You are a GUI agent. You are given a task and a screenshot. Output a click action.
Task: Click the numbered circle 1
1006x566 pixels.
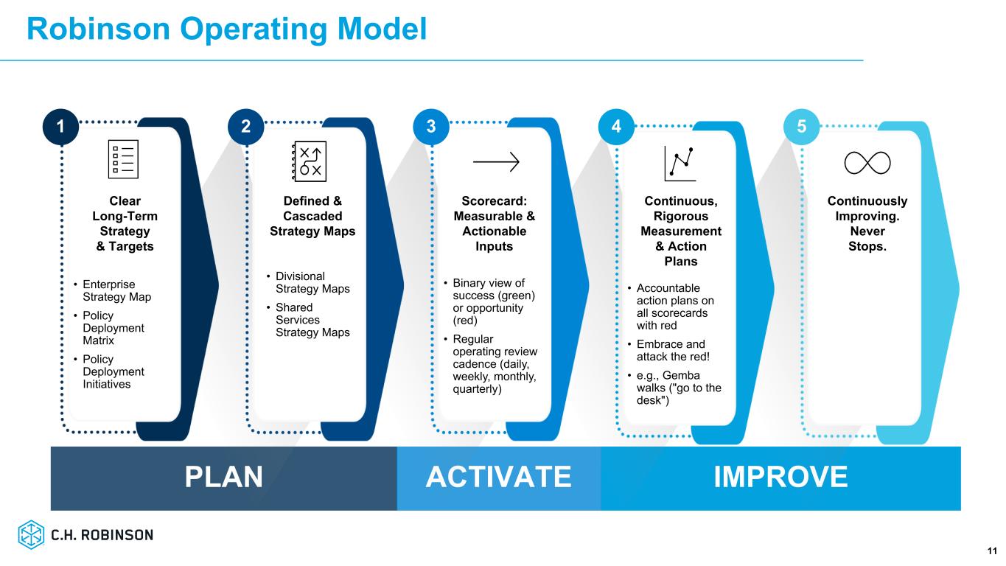tap(60, 127)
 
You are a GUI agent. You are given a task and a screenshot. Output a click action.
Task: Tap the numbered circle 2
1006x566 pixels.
tap(245, 127)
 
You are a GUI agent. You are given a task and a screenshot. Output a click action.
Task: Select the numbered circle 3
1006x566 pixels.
tap(431, 127)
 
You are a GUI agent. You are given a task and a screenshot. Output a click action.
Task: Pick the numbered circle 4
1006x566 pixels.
tap(616, 127)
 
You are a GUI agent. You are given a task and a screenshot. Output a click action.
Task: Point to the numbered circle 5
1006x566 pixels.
tap(802, 127)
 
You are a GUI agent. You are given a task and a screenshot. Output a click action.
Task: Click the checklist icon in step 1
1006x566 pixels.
tap(123, 159)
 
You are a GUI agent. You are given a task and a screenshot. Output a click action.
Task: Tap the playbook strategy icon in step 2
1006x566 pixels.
tap(310, 161)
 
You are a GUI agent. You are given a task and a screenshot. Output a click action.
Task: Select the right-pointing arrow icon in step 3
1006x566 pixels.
tap(496, 161)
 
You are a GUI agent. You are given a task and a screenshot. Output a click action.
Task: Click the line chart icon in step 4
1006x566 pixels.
tap(680, 164)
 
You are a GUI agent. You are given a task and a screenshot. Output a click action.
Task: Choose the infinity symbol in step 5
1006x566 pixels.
tap(867, 163)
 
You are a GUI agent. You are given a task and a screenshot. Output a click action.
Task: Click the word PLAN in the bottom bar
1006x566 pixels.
tap(223, 477)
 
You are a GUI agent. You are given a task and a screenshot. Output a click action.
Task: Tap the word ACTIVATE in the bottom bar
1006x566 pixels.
tap(498, 477)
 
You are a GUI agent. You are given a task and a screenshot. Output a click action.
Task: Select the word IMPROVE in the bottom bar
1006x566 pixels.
tap(780, 477)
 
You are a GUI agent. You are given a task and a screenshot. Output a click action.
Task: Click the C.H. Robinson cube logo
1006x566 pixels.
tap(31, 534)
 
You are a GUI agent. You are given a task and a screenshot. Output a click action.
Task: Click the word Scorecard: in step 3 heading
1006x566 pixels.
tap(494, 200)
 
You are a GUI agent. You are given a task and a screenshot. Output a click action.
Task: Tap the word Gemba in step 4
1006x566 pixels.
tap(681, 375)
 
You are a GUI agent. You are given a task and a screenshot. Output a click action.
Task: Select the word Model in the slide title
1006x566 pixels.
tap(382, 29)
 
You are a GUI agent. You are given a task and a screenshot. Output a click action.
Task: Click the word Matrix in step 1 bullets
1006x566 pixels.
tap(98, 340)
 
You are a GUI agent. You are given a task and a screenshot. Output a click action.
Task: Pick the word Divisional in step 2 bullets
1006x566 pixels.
tap(300, 276)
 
